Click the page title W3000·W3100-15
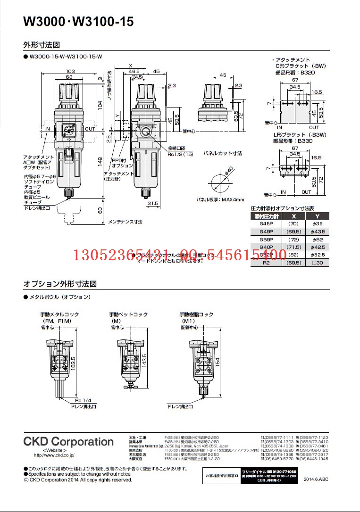pos(78,22)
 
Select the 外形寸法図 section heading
pos(42,45)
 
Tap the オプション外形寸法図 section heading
pos(60,284)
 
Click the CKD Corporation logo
pos(68,442)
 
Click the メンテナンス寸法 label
pos(125,222)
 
